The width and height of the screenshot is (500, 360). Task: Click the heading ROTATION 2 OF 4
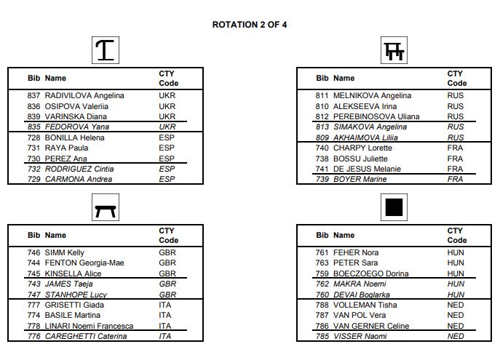click(x=249, y=25)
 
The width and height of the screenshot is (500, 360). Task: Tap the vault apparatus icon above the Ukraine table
click(x=106, y=50)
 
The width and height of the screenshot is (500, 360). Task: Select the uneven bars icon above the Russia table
click(x=394, y=51)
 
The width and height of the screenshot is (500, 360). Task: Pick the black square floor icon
click(x=394, y=209)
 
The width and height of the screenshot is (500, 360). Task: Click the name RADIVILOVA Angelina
click(x=84, y=95)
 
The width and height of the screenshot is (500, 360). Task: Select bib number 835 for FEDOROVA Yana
click(x=34, y=127)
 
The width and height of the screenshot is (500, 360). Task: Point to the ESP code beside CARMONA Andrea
click(x=167, y=179)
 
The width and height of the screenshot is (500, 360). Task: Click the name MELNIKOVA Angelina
click(x=372, y=95)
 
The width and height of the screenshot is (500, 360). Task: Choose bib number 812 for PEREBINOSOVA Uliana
click(x=322, y=116)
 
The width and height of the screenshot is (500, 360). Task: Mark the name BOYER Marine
click(x=360, y=179)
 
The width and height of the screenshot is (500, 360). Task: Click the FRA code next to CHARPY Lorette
click(x=455, y=148)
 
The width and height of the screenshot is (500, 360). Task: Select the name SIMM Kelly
click(x=65, y=252)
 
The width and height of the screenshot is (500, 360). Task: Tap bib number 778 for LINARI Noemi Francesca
click(x=34, y=326)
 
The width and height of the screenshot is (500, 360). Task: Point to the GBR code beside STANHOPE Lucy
click(x=167, y=295)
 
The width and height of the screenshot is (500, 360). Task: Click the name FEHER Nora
click(x=356, y=252)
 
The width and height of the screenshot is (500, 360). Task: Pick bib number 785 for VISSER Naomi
click(x=322, y=336)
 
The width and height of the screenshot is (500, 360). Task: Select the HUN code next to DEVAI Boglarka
click(x=456, y=295)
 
